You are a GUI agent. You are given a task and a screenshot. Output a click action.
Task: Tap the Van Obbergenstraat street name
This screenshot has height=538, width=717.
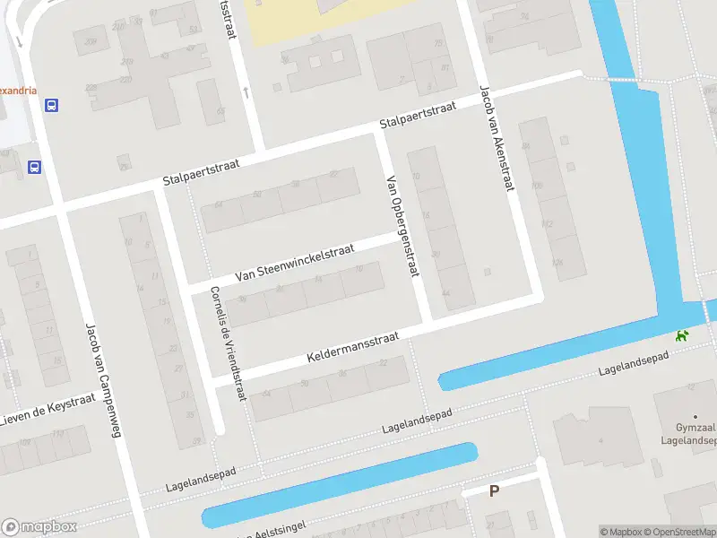[401, 225]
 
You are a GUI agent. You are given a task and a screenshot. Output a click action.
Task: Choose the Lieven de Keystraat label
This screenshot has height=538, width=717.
[40, 412]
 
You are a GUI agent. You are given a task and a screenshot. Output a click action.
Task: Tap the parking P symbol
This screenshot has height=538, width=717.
[493, 490]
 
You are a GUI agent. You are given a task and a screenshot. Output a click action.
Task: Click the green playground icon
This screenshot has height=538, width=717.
[683, 336]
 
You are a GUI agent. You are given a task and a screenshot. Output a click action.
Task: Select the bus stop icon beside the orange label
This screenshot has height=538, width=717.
[52, 105]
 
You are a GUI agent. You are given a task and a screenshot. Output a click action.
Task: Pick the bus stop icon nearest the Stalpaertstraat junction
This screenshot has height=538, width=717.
[34, 167]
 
